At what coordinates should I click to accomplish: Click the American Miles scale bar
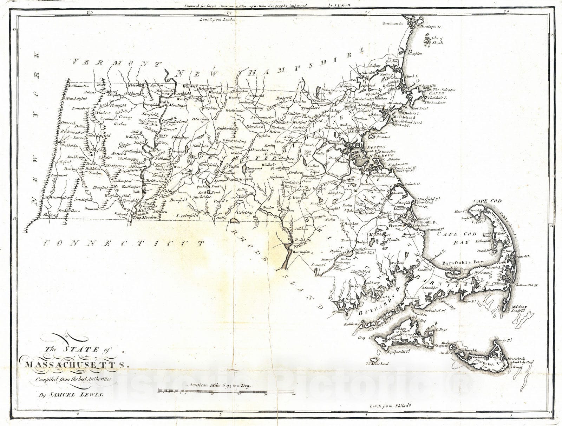[x=227, y=390]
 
